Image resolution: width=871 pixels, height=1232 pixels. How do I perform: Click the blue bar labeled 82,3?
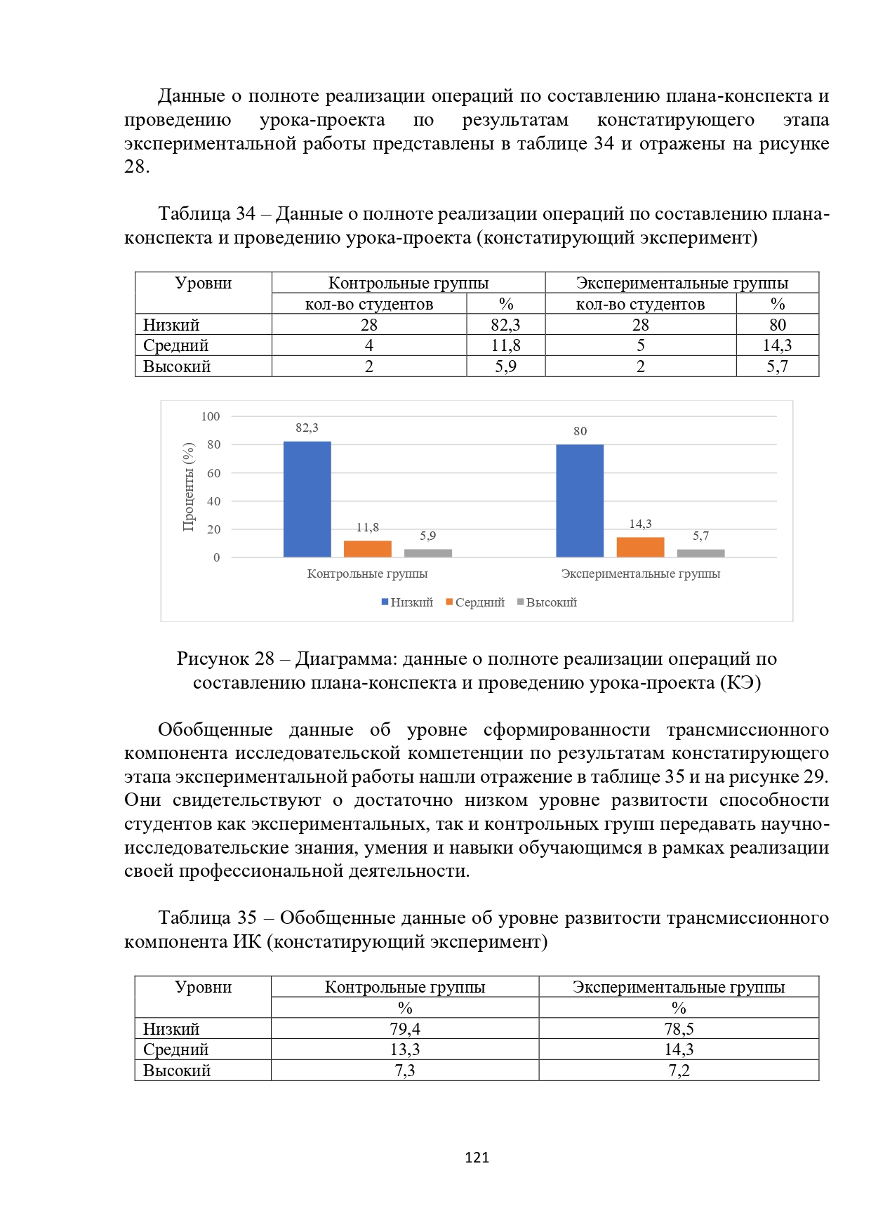pyautogui.click(x=307, y=499)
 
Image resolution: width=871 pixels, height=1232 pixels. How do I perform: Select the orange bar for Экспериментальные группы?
pyautogui.click(x=640, y=547)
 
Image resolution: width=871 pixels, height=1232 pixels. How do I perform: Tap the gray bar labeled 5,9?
pyautogui.click(x=427, y=553)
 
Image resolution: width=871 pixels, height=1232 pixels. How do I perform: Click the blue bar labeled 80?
pyautogui.click(x=580, y=501)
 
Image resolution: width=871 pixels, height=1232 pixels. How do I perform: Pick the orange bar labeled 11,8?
pyautogui.click(x=367, y=549)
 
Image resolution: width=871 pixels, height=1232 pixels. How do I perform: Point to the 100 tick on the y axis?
pyautogui.click(x=211, y=416)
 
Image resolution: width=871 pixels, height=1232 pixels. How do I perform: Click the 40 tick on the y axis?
pyautogui.click(x=213, y=501)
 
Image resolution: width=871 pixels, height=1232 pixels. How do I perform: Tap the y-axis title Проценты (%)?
pyautogui.click(x=188, y=486)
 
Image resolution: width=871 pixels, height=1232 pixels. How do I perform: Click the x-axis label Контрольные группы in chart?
pyautogui.click(x=367, y=574)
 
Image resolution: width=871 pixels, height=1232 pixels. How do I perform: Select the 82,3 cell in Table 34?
pyautogui.click(x=505, y=324)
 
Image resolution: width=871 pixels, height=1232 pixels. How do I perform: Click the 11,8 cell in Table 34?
pyautogui.click(x=505, y=345)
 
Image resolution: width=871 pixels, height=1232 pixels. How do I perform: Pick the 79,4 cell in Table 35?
pyautogui.click(x=405, y=1029)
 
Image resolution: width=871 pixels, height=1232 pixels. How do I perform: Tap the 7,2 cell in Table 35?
pyautogui.click(x=679, y=1071)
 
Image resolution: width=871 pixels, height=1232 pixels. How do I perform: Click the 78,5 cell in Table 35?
pyautogui.click(x=679, y=1029)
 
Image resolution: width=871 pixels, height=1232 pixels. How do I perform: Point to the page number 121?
pyautogui.click(x=477, y=1158)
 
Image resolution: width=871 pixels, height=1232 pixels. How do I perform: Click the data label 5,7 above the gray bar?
pyautogui.click(x=700, y=536)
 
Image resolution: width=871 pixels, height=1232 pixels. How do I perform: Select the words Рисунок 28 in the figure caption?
pyautogui.click(x=225, y=658)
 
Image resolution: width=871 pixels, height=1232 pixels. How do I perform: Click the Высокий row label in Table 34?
pyautogui.click(x=177, y=366)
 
